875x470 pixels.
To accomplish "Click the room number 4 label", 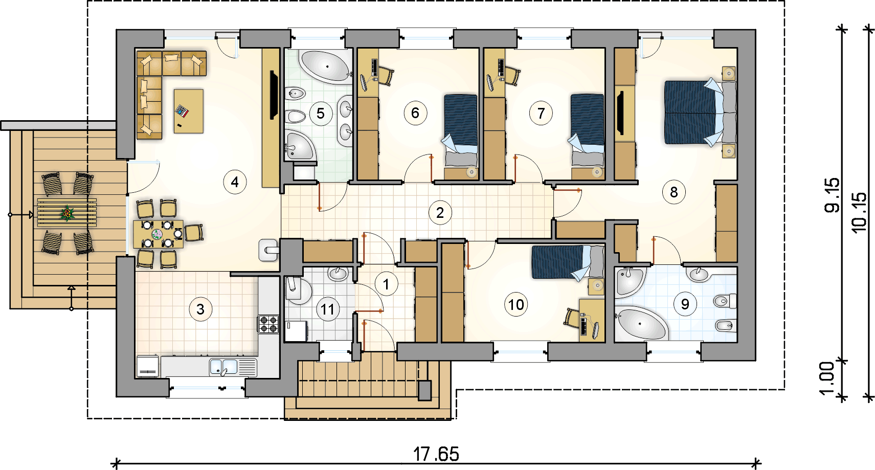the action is [235, 182].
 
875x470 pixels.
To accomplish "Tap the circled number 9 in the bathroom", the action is [685, 304].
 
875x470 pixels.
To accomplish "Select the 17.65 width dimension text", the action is [436, 454].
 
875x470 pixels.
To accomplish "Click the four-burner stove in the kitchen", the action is [268, 324].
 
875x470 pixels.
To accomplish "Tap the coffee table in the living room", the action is [189, 111].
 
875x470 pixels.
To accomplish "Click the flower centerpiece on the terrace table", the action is [68, 213].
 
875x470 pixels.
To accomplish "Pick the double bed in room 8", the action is [700, 113].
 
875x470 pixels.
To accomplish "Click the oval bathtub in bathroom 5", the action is [325, 66].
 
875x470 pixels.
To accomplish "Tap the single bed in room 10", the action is [568, 261].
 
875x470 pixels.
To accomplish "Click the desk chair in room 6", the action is [385, 76].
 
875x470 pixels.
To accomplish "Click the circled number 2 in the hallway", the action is [440, 213].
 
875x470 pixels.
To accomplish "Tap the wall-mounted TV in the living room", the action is [274, 95].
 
